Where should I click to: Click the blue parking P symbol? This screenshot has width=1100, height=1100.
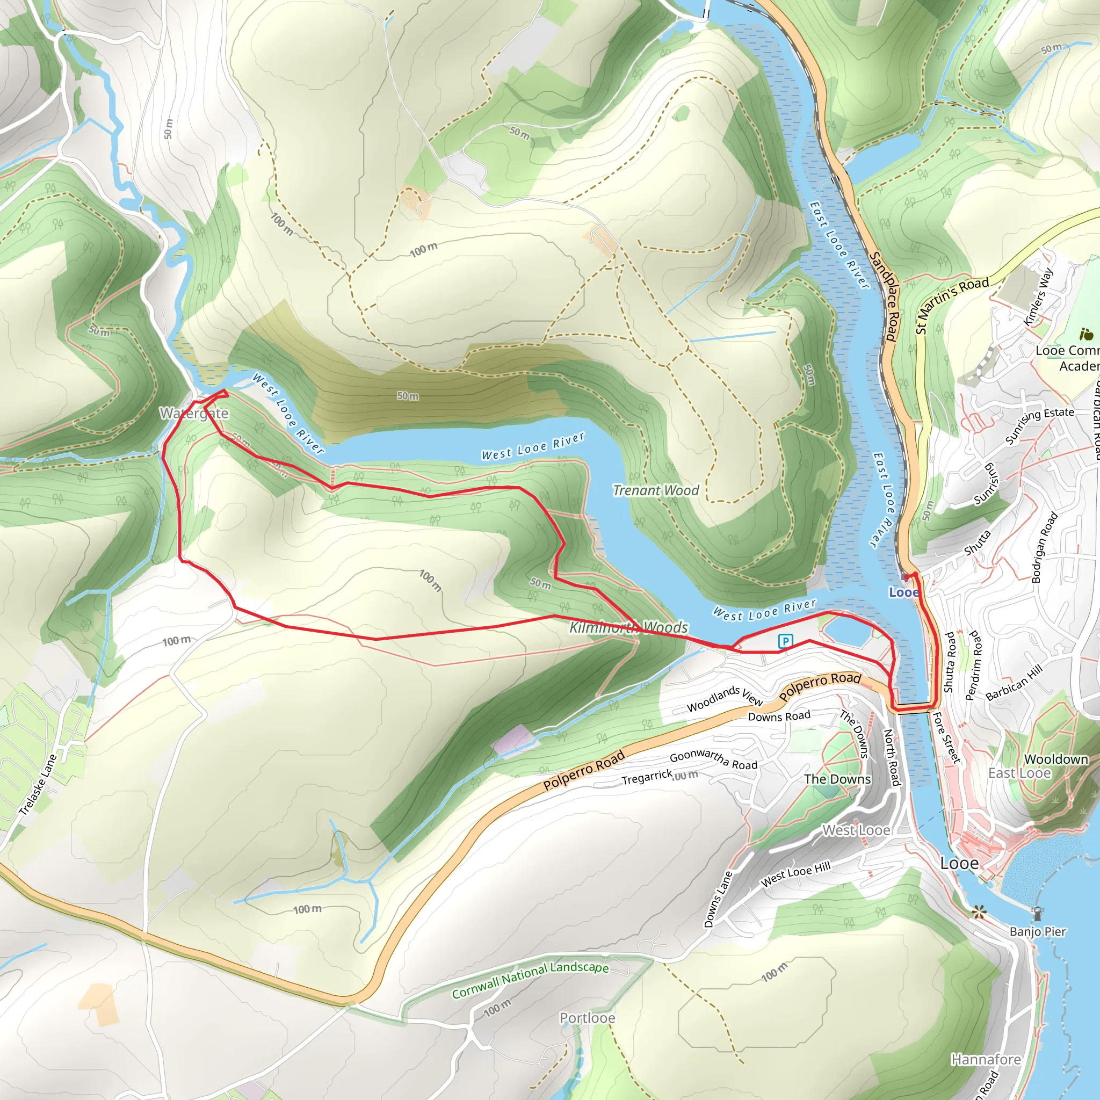(x=785, y=642)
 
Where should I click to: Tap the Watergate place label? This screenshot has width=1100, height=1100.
(x=193, y=414)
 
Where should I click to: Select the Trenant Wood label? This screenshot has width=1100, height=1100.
(x=655, y=490)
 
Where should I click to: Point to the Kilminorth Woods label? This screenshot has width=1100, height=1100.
(x=628, y=627)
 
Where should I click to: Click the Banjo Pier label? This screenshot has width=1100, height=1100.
(x=1037, y=931)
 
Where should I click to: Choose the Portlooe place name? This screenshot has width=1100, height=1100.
(x=587, y=1018)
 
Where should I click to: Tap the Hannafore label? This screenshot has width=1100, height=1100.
(x=986, y=1060)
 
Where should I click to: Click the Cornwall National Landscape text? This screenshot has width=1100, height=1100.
(x=530, y=980)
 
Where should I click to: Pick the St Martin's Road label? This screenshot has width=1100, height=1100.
(x=951, y=305)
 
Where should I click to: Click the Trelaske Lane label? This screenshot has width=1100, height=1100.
(x=38, y=785)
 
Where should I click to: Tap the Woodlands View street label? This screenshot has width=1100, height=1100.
(x=724, y=699)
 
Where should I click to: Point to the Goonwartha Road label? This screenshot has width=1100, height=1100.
(x=713, y=759)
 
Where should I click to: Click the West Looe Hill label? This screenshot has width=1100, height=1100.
(x=795, y=874)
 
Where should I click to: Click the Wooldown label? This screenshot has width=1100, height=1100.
(x=1056, y=759)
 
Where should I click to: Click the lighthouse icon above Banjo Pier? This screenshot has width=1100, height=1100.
(x=1037, y=913)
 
